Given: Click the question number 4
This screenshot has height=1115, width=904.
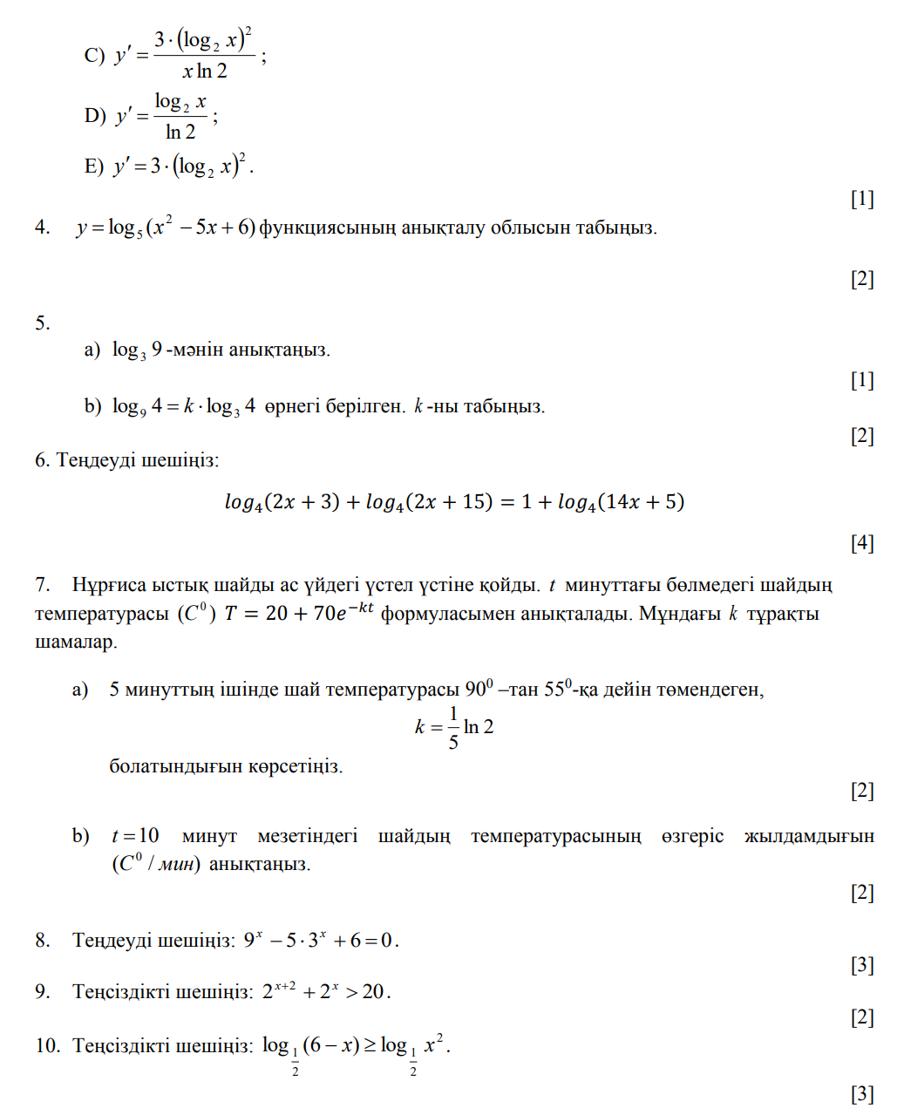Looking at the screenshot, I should (42, 228).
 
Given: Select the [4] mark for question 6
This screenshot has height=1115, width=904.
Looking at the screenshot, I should (861, 543).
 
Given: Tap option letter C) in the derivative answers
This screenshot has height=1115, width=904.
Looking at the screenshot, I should (94, 55).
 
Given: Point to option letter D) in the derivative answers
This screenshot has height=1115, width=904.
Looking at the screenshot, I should (94, 115).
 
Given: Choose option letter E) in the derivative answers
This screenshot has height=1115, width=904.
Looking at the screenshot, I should (93, 166).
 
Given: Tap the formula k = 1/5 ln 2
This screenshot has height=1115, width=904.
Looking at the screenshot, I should (454, 727).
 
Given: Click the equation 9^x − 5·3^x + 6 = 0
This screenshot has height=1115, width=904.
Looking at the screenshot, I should (321, 941).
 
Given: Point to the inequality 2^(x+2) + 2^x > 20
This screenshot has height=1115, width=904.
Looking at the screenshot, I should (326, 991).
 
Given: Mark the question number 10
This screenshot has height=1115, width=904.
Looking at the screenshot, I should (47, 1044).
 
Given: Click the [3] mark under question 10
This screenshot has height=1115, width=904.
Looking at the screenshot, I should (861, 1094).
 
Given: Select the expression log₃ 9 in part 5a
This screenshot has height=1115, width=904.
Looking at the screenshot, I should (137, 350).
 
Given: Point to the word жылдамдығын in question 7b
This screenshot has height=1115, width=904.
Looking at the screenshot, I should (809, 836).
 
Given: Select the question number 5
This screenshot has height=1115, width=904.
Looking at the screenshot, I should (42, 323).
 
